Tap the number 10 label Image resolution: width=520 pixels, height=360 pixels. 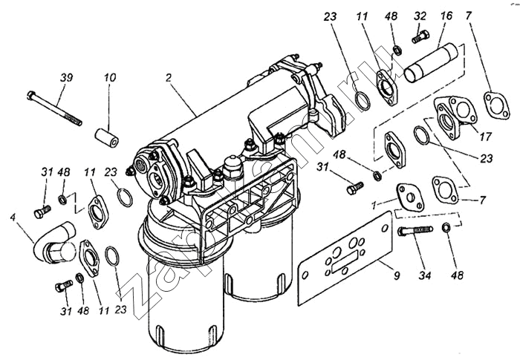(109, 78)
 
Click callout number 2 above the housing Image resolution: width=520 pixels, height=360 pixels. (170, 77)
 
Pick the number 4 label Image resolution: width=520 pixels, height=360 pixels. (13, 217)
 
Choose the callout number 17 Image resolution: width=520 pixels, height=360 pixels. (487, 137)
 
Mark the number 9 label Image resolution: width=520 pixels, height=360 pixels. (396, 275)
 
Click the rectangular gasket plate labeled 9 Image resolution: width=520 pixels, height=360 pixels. (343, 256)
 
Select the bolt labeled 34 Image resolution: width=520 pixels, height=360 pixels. (418, 231)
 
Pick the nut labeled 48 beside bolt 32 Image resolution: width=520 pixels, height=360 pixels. (397, 50)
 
